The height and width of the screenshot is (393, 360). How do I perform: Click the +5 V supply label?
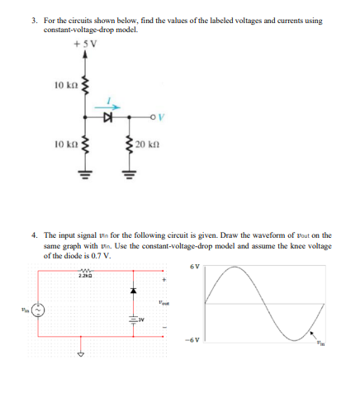click(x=86, y=45)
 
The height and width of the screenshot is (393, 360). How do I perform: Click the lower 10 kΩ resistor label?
click(x=65, y=144)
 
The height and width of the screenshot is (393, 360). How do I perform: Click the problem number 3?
click(x=47, y=20)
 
